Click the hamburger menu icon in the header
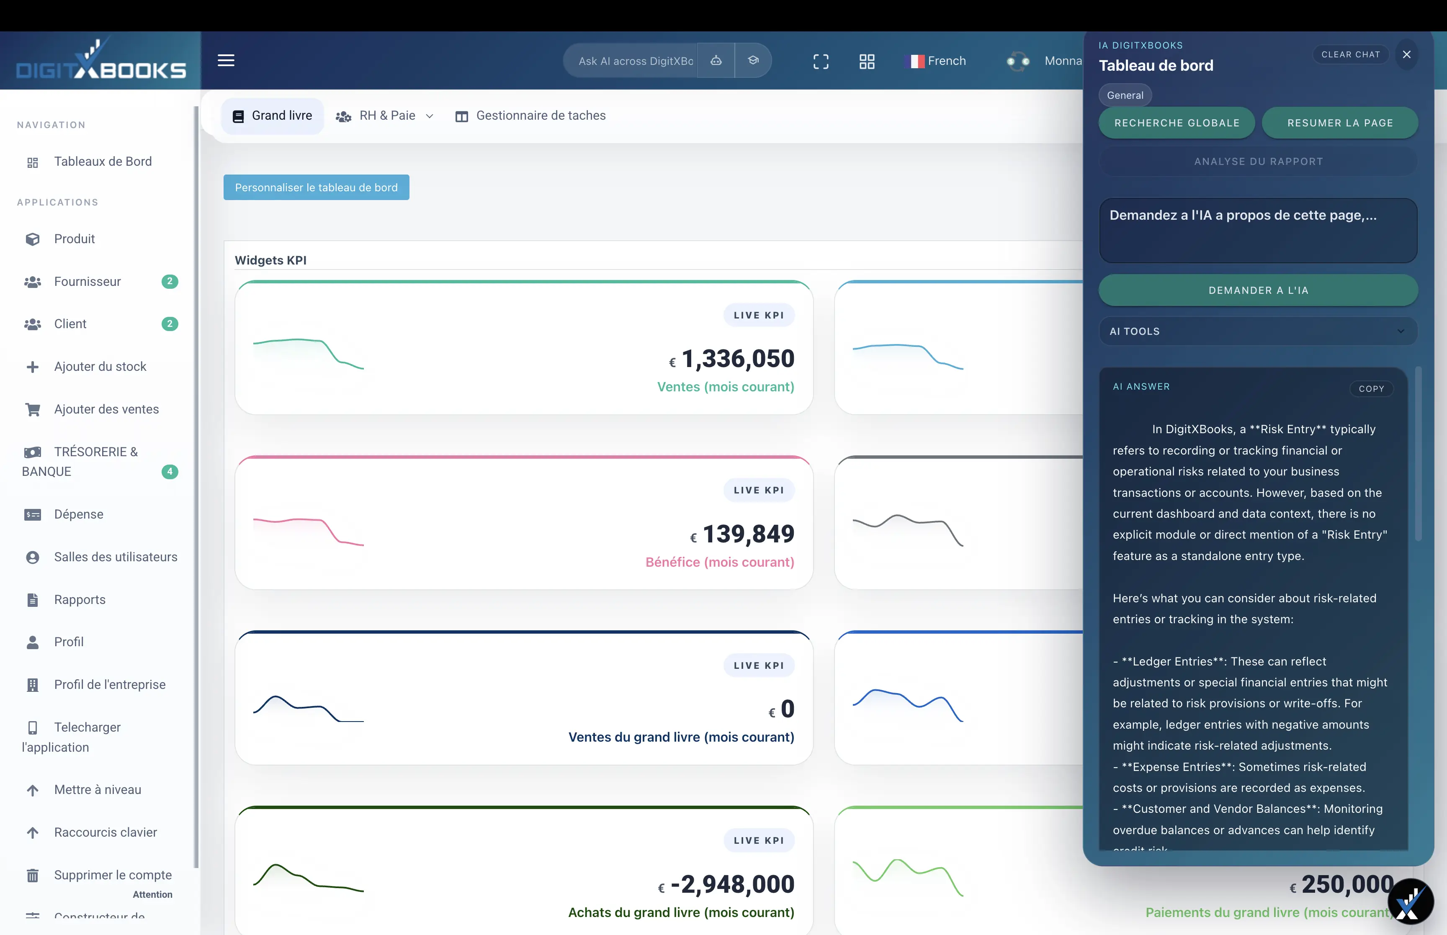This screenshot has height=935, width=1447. [226, 60]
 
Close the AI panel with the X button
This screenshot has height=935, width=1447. [1406, 55]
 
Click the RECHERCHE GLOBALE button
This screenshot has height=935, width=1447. [1176, 123]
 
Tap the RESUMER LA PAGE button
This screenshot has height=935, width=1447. [1339, 123]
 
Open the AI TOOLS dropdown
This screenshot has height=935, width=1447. [1258, 331]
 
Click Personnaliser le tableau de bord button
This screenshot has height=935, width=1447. [316, 188]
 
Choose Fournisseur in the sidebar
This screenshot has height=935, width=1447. [88, 281]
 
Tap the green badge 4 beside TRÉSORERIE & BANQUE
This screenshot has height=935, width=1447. [170, 471]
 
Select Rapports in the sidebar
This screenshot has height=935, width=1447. [80, 599]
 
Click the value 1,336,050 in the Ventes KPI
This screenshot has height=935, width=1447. [737, 358]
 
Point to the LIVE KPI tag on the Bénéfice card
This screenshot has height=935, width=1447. [758, 490]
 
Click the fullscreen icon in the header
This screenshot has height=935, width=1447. [820, 62]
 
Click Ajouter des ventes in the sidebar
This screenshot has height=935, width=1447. [106, 409]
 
